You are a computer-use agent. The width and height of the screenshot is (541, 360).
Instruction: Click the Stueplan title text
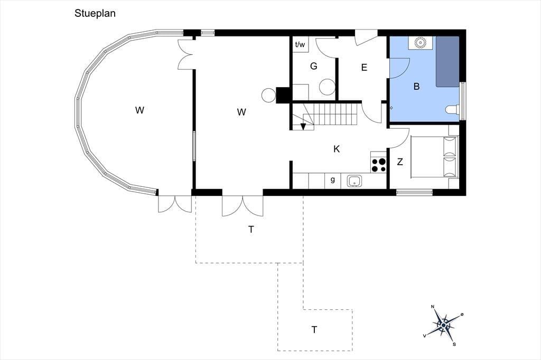coord(95,13)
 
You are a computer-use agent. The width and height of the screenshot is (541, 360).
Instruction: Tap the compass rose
coord(444,325)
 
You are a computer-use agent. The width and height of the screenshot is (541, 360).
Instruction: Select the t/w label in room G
coord(300,44)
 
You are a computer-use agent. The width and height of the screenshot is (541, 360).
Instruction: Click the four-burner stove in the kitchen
coord(378,165)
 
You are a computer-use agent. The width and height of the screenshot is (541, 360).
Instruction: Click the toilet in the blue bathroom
coord(452,110)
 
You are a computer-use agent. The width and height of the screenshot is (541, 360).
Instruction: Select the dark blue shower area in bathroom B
coord(447,62)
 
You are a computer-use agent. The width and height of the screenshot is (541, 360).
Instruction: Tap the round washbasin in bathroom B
coord(420,43)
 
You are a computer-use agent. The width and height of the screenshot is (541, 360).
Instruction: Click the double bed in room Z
coord(435,157)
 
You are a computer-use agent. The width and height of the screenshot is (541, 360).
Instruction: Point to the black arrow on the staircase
coord(303,127)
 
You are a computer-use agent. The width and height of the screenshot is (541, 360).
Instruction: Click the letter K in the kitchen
coord(337,149)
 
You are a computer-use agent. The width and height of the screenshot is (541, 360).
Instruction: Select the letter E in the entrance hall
coord(364,68)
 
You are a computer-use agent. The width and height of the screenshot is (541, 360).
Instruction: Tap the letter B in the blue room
coord(416,86)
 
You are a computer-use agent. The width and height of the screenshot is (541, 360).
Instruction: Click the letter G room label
coord(314,66)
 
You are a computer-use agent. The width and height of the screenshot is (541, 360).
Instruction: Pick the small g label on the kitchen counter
coord(333,179)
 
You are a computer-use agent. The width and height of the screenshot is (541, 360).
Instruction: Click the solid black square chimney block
coord(283,95)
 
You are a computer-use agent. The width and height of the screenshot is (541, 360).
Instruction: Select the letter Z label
coord(400,162)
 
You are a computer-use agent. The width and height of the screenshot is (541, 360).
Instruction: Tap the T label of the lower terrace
coord(314,330)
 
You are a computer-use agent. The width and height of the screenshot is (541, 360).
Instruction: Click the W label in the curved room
coord(139,110)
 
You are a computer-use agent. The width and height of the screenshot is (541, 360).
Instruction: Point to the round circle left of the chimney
coord(268,95)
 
